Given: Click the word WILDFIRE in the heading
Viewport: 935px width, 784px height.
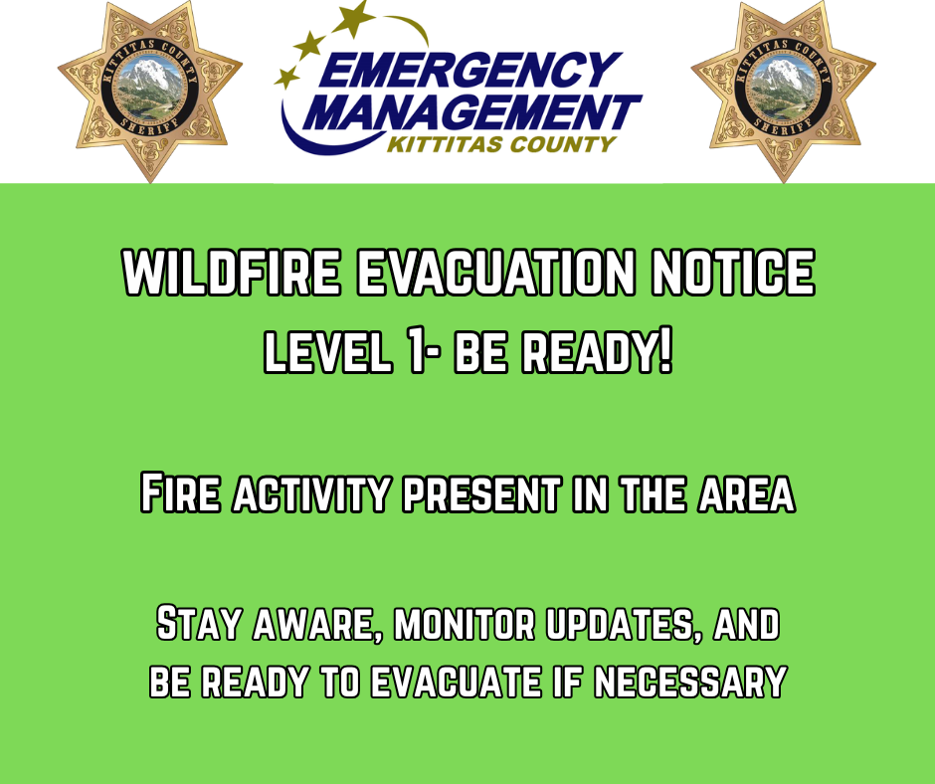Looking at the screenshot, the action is coord(232,272).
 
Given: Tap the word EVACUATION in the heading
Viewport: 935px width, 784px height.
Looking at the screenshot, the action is coord(495,272).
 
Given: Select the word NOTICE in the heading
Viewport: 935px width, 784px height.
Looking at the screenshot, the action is coord(732,272).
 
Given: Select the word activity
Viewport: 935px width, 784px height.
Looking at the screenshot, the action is coord(311,494).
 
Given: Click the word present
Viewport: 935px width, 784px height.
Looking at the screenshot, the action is coord(481,494).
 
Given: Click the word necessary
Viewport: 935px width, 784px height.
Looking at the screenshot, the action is coord(690,681).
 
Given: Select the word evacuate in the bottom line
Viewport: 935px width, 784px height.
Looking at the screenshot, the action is coord(456,681).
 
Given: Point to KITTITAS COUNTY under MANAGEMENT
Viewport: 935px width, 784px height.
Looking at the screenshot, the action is coord(501,144).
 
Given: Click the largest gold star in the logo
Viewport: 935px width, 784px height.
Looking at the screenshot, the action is coord(355,17).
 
